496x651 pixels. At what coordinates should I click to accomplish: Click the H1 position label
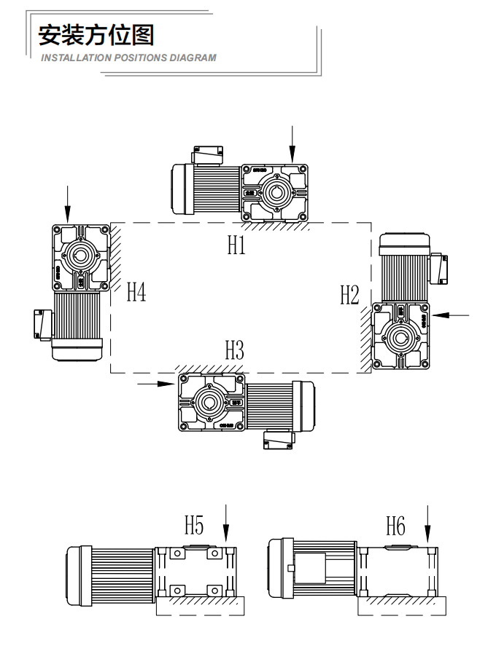(x=236, y=245)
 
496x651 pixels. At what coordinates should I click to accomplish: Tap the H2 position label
(x=349, y=295)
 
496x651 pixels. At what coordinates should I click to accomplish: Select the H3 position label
(x=234, y=351)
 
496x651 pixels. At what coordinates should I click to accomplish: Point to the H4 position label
(x=136, y=292)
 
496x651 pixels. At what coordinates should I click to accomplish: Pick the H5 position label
(x=194, y=525)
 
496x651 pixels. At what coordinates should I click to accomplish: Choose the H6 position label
(x=395, y=525)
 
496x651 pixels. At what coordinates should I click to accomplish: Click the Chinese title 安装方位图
(x=96, y=35)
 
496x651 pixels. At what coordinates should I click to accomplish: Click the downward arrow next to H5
(x=225, y=525)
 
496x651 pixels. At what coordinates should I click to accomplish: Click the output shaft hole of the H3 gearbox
(x=209, y=401)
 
